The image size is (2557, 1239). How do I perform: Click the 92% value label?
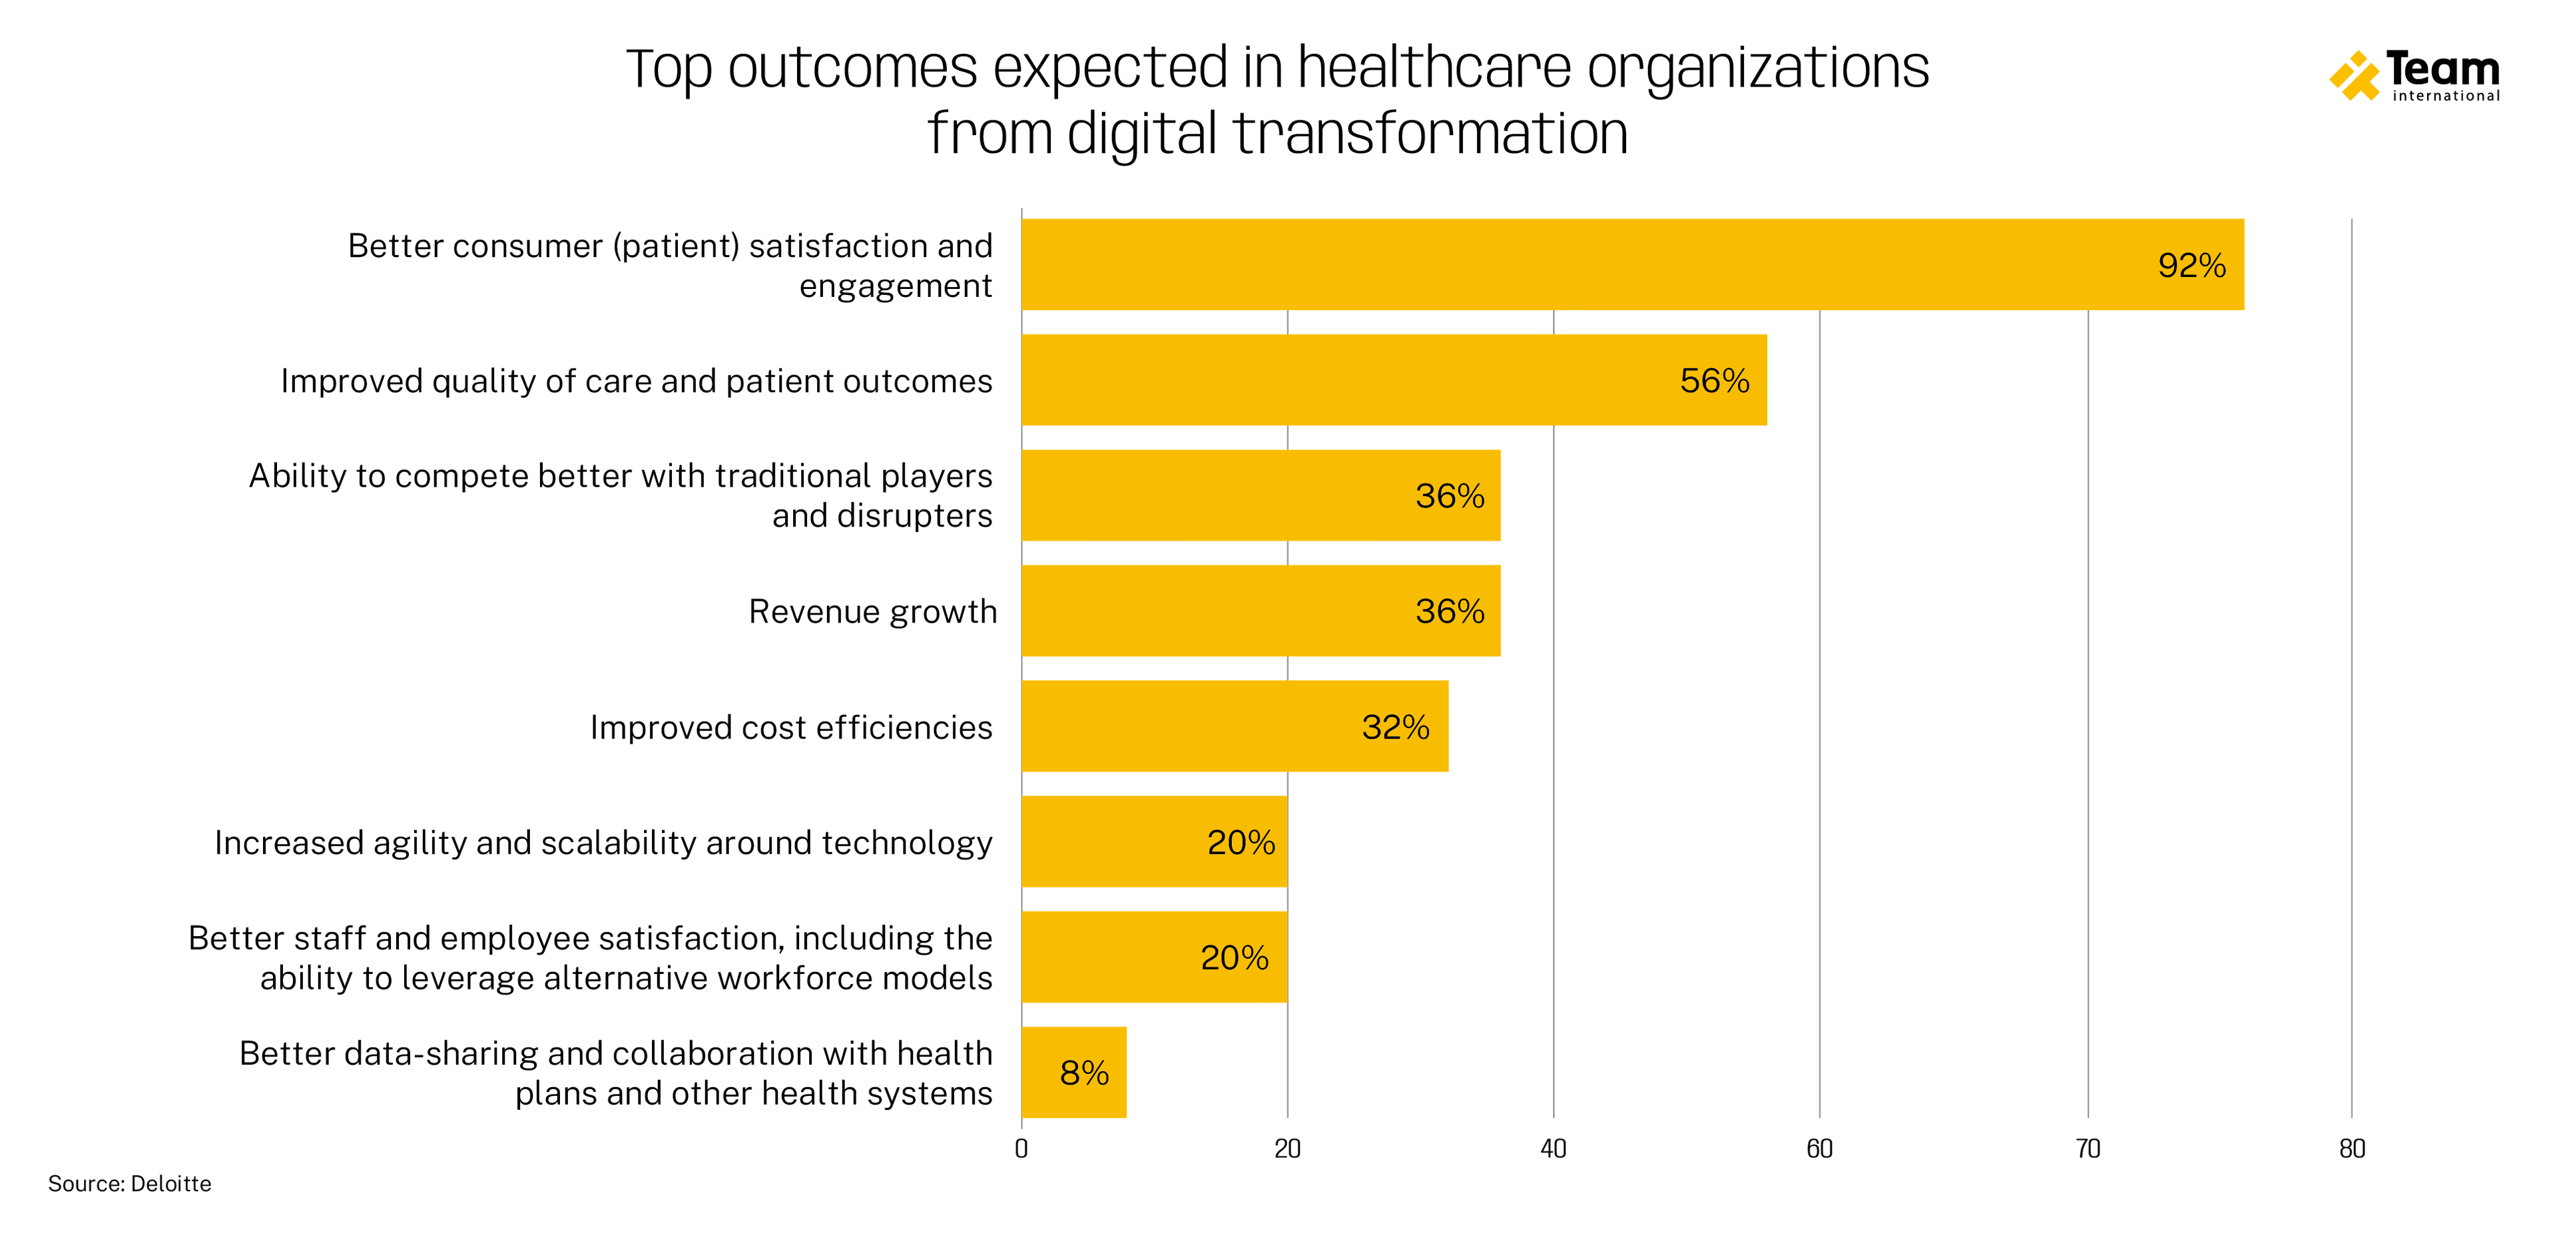click(x=2191, y=265)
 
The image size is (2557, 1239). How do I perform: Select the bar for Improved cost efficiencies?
click(x=1234, y=726)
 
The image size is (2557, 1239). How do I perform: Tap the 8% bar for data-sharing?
click(x=1073, y=1072)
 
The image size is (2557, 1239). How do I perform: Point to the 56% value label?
click(x=1713, y=380)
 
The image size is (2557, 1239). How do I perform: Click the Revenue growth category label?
click(x=872, y=612)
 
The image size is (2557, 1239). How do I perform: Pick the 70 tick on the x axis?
click(x=2088, y=1148)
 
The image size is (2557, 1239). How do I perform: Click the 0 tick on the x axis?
click(x=1021, y=1148)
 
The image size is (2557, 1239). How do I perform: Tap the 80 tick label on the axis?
click(x=2351, y=1148)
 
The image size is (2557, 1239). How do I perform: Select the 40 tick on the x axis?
click(x=1554, y=1148)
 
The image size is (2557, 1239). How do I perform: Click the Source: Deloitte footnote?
click(x=129, y=1183)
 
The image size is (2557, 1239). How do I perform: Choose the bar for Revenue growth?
click(x=1261, y=611)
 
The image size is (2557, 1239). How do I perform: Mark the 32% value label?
click(x=1394, y=727)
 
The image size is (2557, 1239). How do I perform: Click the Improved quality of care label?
click(x=637, y=381)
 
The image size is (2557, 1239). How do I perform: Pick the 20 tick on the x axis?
click(x=1287, y=1148)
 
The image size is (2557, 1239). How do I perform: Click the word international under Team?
click(x=2446, y=97)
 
